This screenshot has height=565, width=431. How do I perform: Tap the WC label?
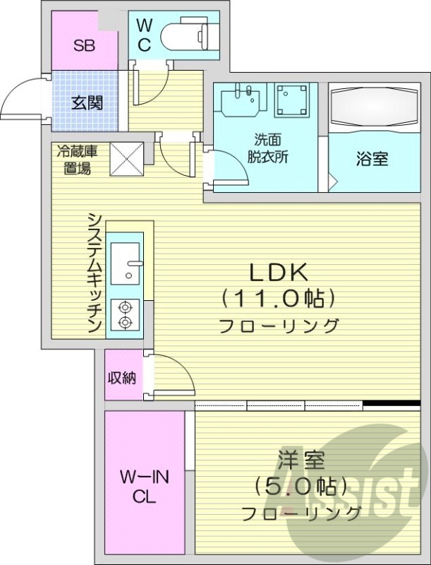point(144,36)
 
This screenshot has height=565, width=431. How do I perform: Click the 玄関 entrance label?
point(87,102)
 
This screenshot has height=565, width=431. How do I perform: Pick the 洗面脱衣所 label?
point(272,148)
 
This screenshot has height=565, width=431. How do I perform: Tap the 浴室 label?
point(372,159)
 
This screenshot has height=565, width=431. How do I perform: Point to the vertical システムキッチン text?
point(95,273)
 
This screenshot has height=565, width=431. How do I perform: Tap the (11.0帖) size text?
point(277,299)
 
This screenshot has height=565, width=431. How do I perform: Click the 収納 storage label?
point(121,377)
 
